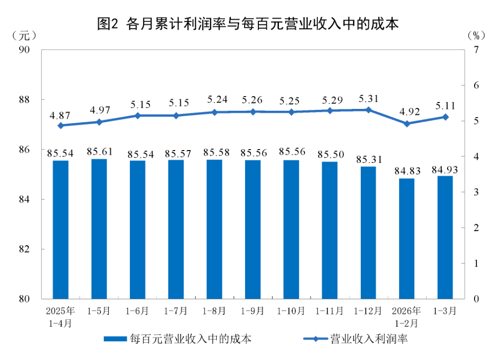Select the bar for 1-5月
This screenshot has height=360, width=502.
click(x=99, y=229)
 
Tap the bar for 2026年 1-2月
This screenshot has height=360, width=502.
click(x=406, y=238)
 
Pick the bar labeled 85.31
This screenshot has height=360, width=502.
click(x=368, y=232)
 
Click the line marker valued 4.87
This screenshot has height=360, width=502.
click(x=61, y=126)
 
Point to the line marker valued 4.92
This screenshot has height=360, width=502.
click(x=406, y=124)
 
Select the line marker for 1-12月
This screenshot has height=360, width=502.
click(x=369, y=110)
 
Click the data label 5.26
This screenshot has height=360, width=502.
click(x=253, y=101)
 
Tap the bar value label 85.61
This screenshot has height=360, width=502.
click(x=99, y=152)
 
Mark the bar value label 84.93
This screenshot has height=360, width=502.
click(x=445, y=170)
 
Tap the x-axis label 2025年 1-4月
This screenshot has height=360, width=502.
click(x=61, y=317)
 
